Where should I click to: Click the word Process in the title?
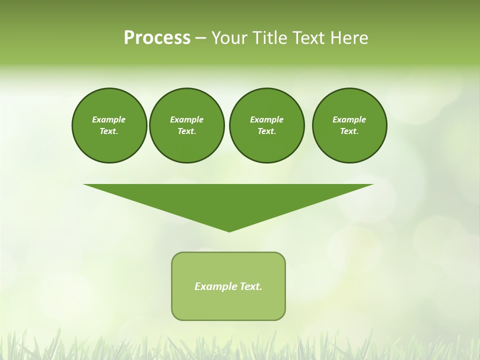pyautogui.click(x=157, y=38)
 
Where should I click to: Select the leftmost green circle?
pyautogui.click(x=109, y=125)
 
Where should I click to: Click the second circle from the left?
pyautogui.click(x=187, y=125)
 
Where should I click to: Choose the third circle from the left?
pyautogui.click(x=266, y=125)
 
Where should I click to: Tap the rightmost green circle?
pyautogui.click(x=349, y=125)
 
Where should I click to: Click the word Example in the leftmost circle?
pyautogui.click(x=109, y=119)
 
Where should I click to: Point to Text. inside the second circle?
pyautogui.click(x=187, y=131)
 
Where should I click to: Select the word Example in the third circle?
pyautogui.click(x=266, y=119)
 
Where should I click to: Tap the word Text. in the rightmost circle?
pyautogui.click(x=349, y=131)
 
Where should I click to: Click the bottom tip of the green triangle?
pyautogui.click(x=229, y=231)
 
